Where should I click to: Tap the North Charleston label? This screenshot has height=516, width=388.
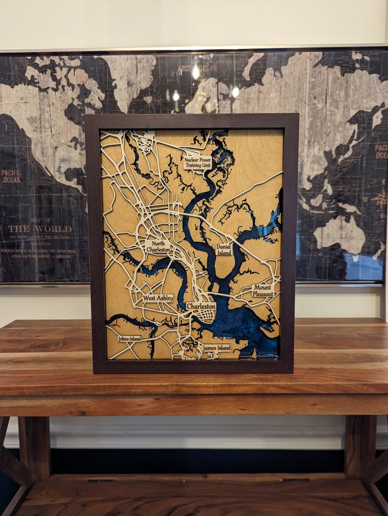pyautogui.click(x=158, y=246)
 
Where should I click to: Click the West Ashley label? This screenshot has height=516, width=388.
pyautogui.click(x=158, y=298)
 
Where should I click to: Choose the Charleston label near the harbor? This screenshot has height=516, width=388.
pyautogui.click(x=201, y=306)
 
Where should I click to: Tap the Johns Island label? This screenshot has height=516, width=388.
pyautogui.click(x=130, y=339)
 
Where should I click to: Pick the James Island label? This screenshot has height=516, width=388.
pyautogui.click(x=216, y=348)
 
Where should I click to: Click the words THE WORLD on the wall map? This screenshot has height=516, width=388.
pyautogui.click(x=40, y=229)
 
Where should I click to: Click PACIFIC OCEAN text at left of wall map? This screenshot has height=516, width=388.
pyautogui.click(x=11, y=176)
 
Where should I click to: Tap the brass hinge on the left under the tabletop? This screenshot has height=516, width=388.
pyautogui.click(x=101, y=480)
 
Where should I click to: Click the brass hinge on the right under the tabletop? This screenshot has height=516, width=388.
pyautogui.click(x=295, y=480)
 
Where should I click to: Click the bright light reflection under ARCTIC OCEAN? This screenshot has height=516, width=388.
pyautogui.click(x=196, y=73)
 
